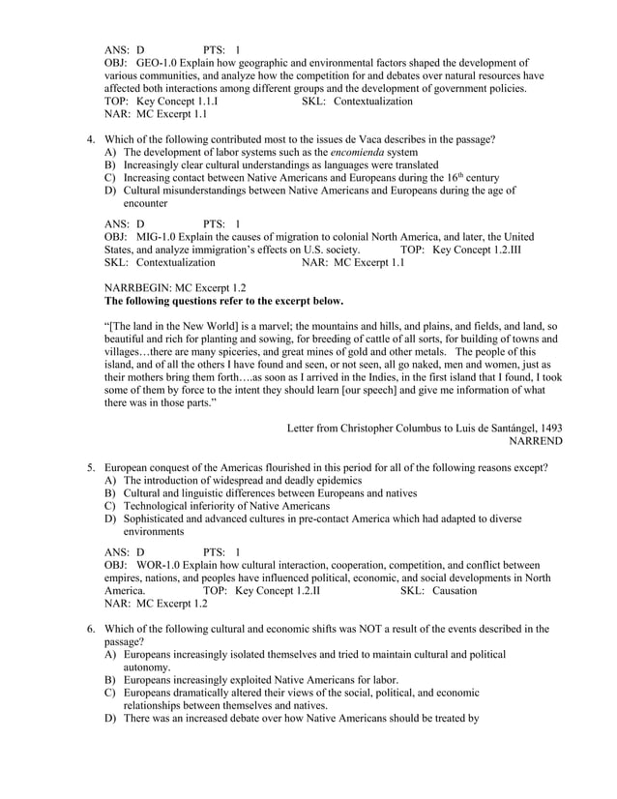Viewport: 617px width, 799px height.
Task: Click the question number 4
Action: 91,139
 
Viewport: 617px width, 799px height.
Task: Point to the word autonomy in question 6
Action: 146,667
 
